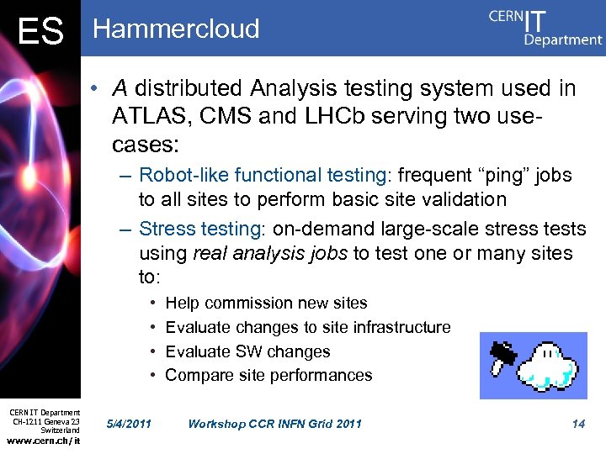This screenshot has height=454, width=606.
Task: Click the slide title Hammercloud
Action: tap(176, 29)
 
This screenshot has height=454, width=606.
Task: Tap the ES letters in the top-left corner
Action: tap(40, 32)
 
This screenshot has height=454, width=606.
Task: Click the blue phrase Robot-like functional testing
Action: tap(262, 176)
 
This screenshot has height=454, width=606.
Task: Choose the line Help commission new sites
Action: tap(266, 303)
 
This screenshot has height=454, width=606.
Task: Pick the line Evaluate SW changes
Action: tap(247, 351)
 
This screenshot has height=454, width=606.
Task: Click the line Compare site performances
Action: tap(268, 375)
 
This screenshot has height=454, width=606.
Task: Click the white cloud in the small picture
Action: tap(548, 365)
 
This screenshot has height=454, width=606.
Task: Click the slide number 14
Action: tap(578, 424)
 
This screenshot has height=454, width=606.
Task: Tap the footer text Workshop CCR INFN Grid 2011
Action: tap(274, 424)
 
